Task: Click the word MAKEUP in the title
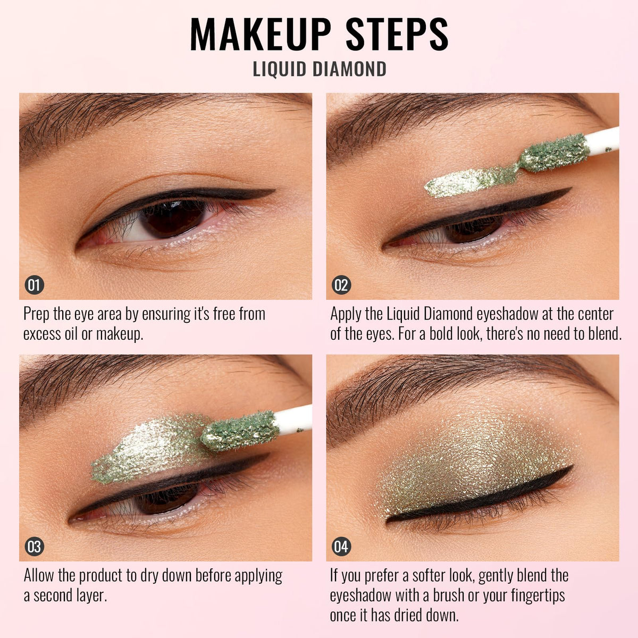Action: [261, 34]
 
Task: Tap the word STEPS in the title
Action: [397, 34]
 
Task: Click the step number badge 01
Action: [35, 285]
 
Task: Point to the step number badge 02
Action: [341, 285]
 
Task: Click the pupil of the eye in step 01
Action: [173, 218]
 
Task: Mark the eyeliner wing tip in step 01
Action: [274, 190]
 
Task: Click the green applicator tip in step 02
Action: [555, 153]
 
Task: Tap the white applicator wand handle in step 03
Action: [293, 421]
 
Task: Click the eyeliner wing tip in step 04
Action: [572, 467]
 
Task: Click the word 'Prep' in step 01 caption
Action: [37, 315]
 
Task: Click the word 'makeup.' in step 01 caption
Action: [120, 334]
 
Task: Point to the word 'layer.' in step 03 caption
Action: [91, 596]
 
